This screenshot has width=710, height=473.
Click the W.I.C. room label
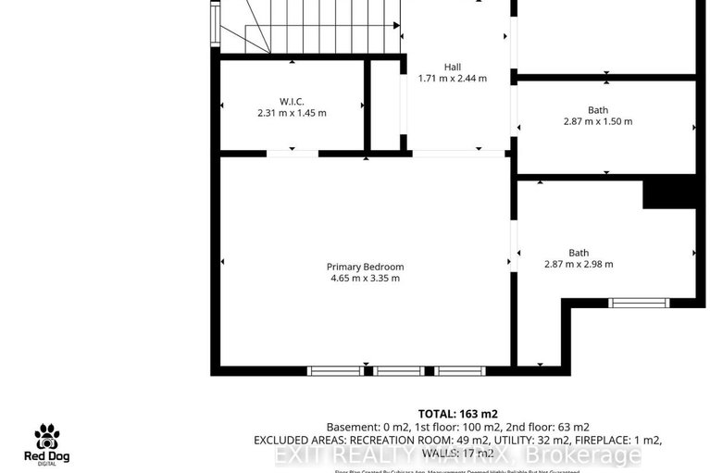292,101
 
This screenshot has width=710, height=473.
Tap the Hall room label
452,67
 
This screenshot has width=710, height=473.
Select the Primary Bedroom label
365,267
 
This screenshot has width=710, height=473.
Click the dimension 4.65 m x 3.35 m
365,278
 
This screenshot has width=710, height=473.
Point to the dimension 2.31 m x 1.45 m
292,113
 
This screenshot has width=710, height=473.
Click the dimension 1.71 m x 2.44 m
452,79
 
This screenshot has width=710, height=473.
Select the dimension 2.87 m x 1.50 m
597,121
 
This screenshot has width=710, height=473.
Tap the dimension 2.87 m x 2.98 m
579,264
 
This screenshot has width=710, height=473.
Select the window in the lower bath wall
638,302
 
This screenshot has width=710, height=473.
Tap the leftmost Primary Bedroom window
335,371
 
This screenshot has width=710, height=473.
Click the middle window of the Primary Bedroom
398,371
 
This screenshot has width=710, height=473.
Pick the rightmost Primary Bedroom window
460,371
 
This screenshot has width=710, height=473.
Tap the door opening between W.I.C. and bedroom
292,153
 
